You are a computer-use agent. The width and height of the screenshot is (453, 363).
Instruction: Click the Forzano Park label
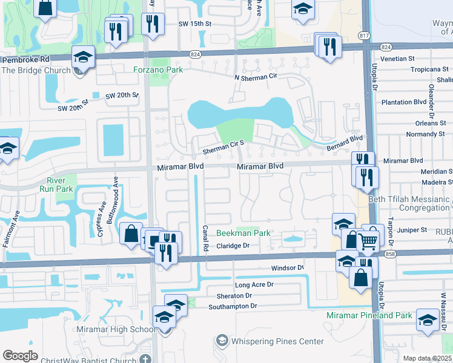tap(158, 70)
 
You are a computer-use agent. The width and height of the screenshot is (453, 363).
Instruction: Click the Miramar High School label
tap(116, 329)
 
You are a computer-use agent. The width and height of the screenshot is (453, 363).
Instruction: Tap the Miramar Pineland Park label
tap(369, 315)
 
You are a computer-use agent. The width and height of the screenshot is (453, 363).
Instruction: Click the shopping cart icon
tap(368, 241)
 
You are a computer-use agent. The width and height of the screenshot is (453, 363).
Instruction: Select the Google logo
tap(20, 356)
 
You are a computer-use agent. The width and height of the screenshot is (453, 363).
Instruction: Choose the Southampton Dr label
tap(233, 306)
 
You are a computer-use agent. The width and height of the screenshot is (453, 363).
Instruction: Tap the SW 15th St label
tap(194, 24)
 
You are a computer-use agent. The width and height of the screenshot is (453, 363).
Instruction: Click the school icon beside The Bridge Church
tap(83, 57)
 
